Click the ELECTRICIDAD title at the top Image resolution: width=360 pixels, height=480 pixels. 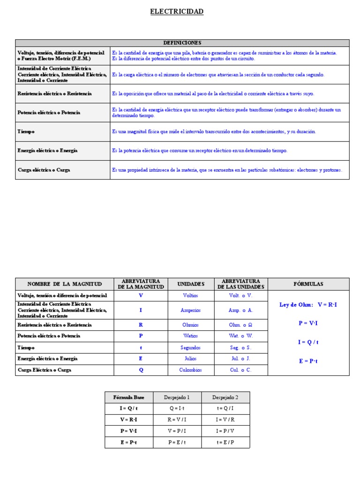click(177, 12)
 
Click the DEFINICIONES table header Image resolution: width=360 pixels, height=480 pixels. click(182, 43)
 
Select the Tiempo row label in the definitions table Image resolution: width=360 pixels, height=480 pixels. click(26, 132)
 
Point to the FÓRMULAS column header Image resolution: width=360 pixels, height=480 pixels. click(308, 284)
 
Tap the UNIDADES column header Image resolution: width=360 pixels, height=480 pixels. click(191, 284)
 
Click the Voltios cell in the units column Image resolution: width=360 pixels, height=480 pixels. click(191, 296)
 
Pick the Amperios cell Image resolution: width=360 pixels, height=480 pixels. click(191, 310)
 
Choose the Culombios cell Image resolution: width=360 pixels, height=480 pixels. click(191, 370)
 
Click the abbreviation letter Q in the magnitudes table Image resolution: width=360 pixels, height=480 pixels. click(141, 370)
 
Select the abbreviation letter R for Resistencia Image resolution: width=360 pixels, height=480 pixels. click(141, 325)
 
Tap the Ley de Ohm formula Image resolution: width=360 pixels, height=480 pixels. click(308, 305)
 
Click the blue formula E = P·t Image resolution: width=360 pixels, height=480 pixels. click(308, 361)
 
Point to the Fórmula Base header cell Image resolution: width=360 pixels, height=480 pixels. click(129, 397)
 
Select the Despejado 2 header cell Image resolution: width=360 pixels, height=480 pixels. click(225, 397)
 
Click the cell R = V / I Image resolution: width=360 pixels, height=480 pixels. click(177, 420)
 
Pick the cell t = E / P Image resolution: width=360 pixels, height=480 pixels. click(225, 442)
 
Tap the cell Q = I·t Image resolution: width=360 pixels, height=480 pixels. click(177, 408)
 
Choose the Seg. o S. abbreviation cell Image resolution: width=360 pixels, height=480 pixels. click(241, 348)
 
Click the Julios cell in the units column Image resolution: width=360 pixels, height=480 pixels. click(191, 359)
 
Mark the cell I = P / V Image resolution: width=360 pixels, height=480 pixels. click(225, 431)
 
